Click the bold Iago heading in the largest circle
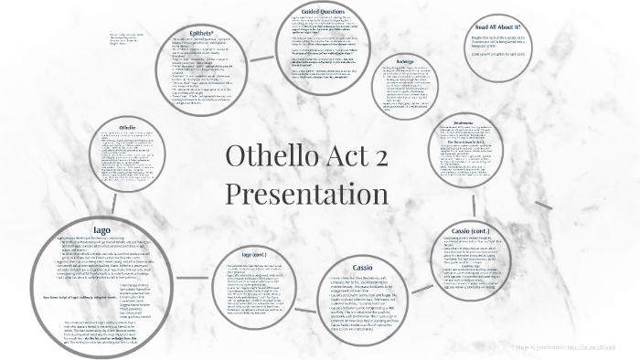(x=102, y=217)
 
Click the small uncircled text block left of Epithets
(x=127, y=37)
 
